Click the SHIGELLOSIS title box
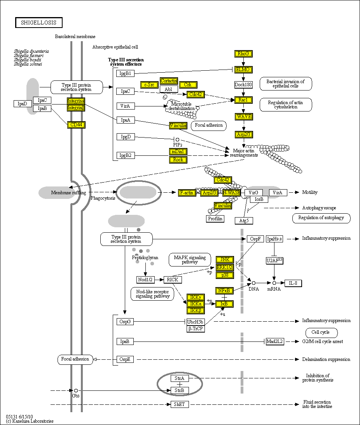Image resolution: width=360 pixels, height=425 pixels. (x=38, y=23)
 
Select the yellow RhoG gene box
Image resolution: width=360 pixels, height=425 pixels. (x=243, y=54)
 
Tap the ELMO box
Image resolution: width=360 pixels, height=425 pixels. (x=243, y=70)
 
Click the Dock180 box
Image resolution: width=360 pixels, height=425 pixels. (x=243, y=84)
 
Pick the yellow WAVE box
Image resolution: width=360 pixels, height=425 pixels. (x=244, y=117)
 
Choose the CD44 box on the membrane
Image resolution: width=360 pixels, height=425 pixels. (x=76, y=125)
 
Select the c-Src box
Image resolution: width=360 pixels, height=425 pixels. (x=149, y=85)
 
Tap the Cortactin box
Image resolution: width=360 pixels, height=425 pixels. (x=169, y=81)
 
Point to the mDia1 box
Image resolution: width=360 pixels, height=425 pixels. (x=178, y=152)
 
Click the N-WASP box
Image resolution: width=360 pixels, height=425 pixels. (x=231, y=192)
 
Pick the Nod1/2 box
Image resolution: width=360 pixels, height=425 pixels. (x=146, y=280)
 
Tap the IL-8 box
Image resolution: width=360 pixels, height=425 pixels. (x=293, y=283)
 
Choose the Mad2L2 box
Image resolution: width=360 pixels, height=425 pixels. (x=275, y=341)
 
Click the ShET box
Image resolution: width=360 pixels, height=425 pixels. (x=180, y=404)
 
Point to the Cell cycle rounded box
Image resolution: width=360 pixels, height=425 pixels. (x=322, y=333)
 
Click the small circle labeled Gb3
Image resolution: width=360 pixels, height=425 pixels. (x=76, y=390)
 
